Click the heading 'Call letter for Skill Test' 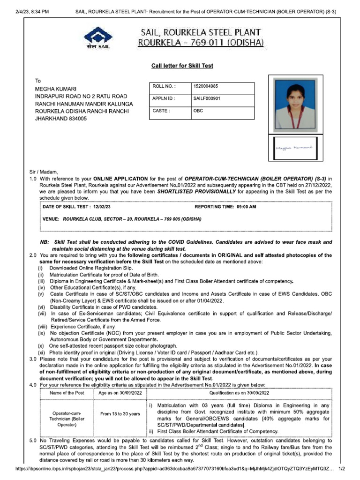(182, 66)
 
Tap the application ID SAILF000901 (207, 98)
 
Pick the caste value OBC (198, 111)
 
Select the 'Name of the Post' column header (67, 393)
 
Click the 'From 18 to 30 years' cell (120, 414)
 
